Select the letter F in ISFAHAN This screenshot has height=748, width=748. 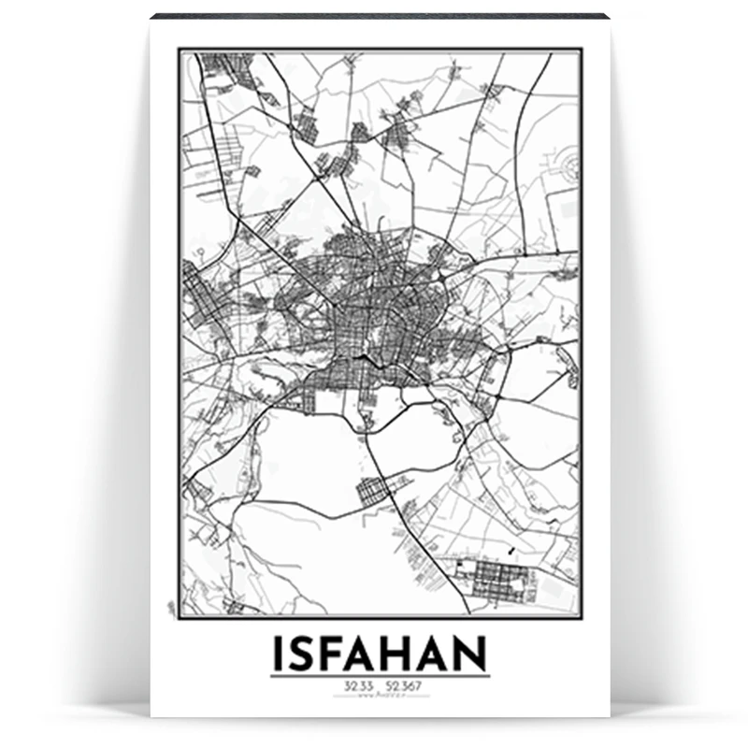coord(330,654)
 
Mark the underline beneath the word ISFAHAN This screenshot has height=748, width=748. coord(380,675)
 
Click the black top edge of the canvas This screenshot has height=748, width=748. coord(374,17)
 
